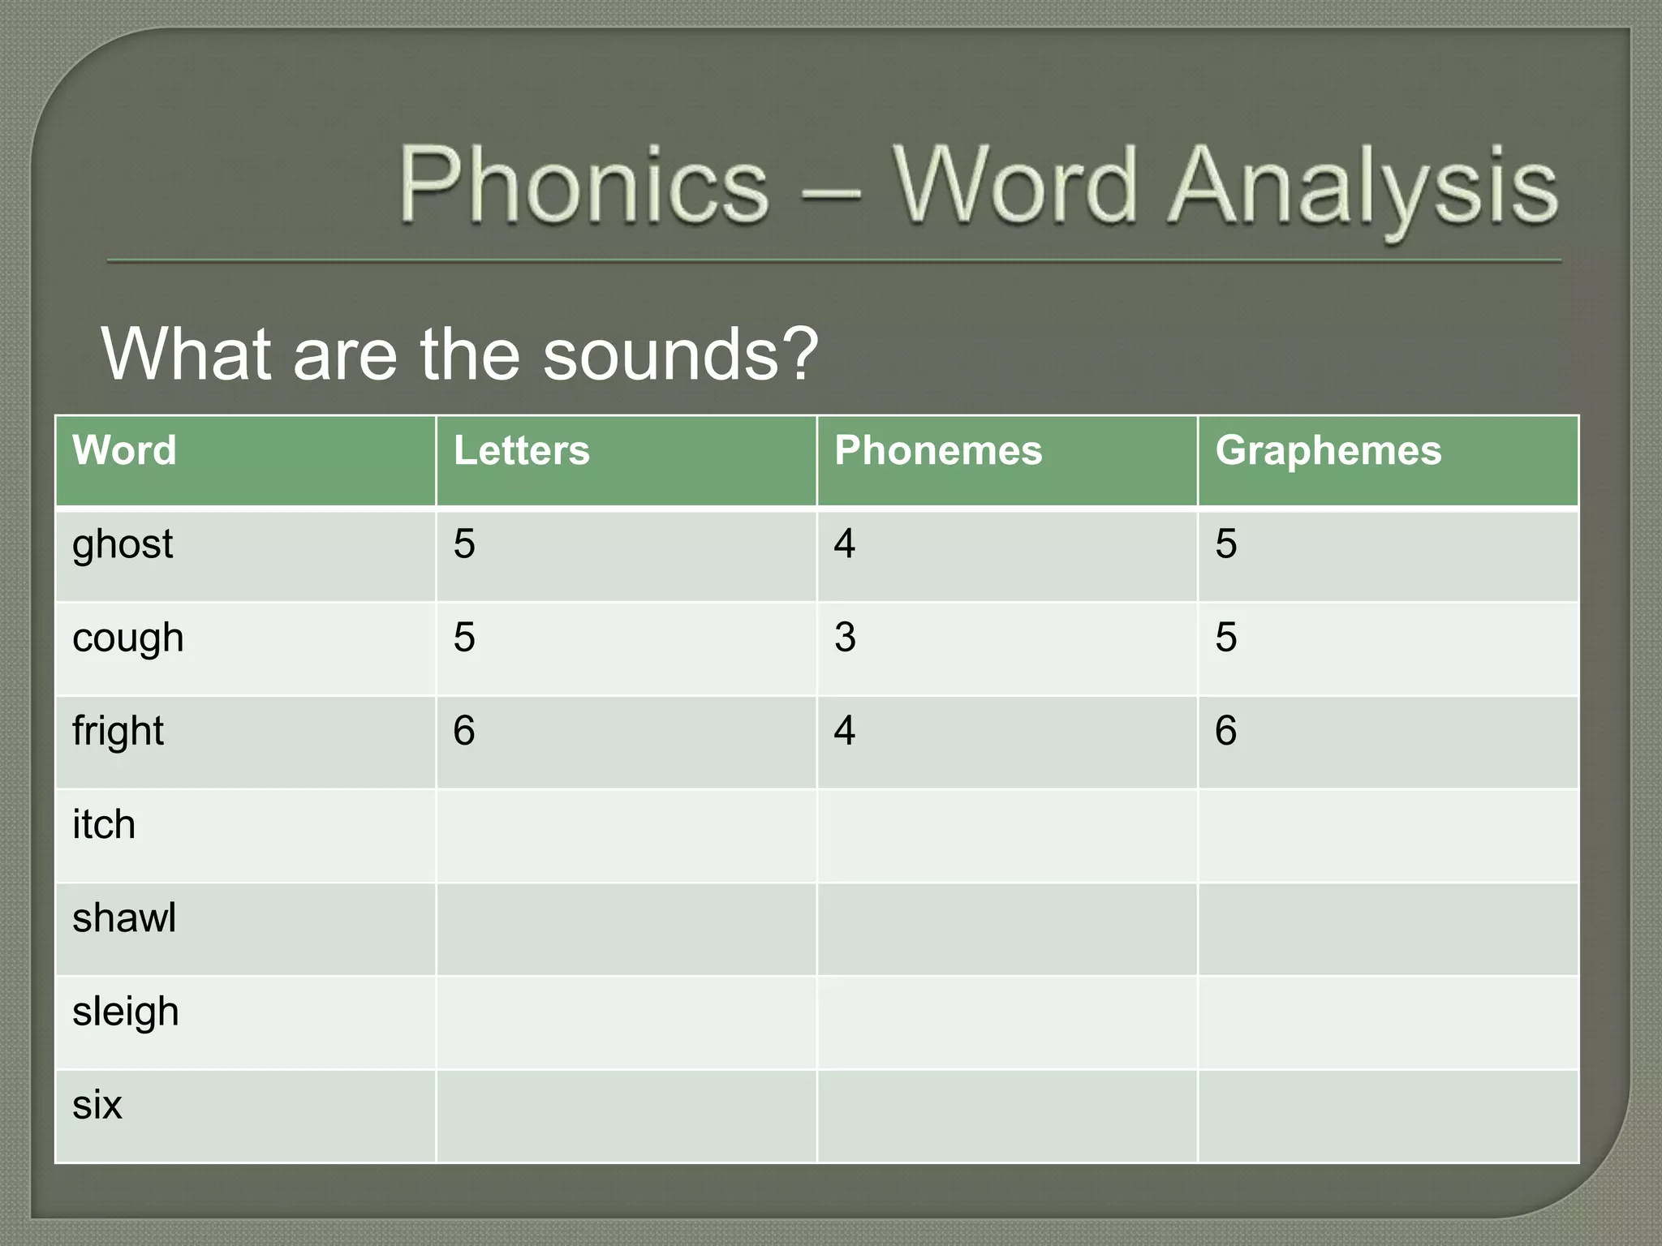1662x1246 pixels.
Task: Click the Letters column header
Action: (521, 450)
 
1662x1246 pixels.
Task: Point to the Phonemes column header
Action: (938, 450)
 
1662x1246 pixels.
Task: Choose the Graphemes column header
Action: (1328, 450)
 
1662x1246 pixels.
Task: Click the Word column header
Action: (124, 450)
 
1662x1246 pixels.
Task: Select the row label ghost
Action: (123, 544)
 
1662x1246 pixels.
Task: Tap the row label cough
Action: (128, 638)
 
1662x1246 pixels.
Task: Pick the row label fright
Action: (118, 731)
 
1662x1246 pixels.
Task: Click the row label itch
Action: (104, 825)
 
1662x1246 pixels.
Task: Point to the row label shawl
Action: (124, 918)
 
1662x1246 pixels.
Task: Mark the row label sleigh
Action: (126, 1012)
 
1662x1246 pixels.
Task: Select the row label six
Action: (97, 1105)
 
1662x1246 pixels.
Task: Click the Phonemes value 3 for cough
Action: (845, 638)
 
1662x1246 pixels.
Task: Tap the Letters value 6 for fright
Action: (464, 731)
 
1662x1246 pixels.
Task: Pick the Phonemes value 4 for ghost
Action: (845, 544)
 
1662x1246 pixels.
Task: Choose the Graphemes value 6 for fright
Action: (1225, 731)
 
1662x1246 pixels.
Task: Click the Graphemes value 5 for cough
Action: (1225, 638)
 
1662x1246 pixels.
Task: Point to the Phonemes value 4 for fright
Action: (845, 731)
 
